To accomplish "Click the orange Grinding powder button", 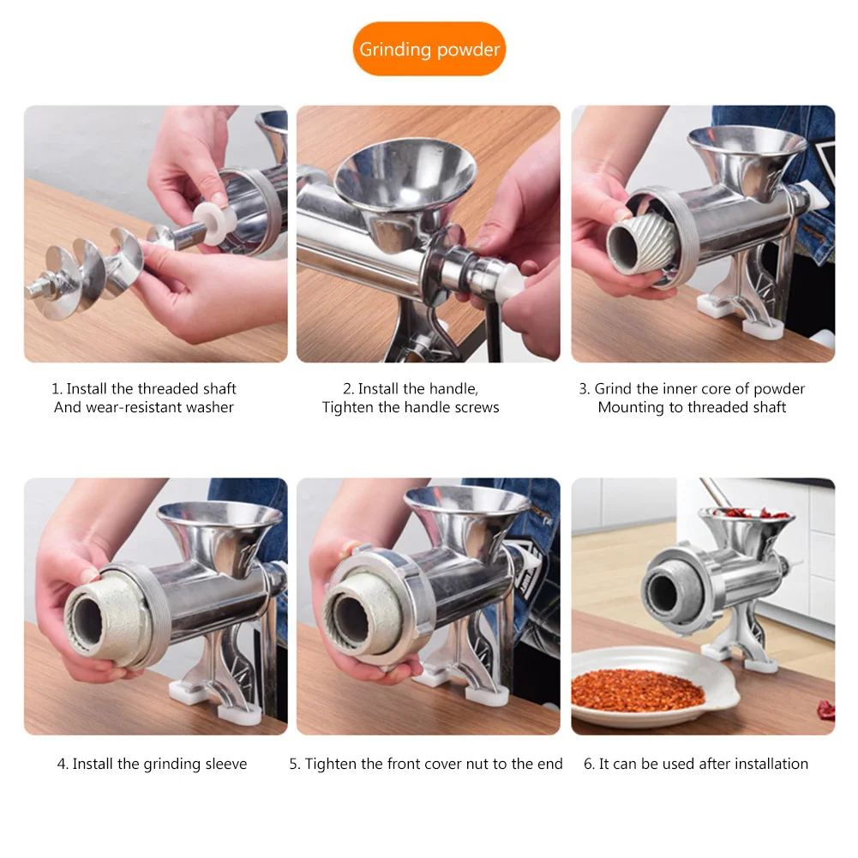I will coord(429,49).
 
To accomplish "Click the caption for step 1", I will coord(143,398).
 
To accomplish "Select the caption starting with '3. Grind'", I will coord(691,398).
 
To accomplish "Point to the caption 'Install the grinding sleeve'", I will coord(152,764).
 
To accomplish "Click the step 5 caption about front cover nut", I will coord(426,764).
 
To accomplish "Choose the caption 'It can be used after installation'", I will coord(695,764).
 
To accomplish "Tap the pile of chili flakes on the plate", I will coord(638,690).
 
